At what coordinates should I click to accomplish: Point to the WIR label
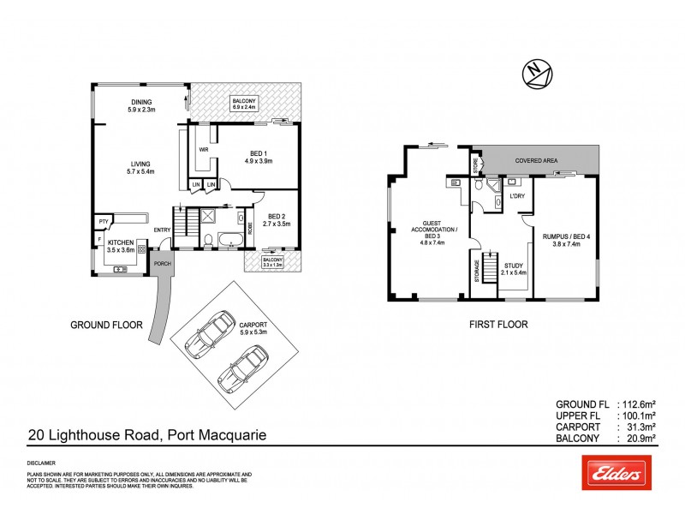pos(204,149)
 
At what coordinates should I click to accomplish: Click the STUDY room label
pos(513,266)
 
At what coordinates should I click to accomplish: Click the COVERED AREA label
pos(538,160)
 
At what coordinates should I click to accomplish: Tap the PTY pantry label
pos(104,221)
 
